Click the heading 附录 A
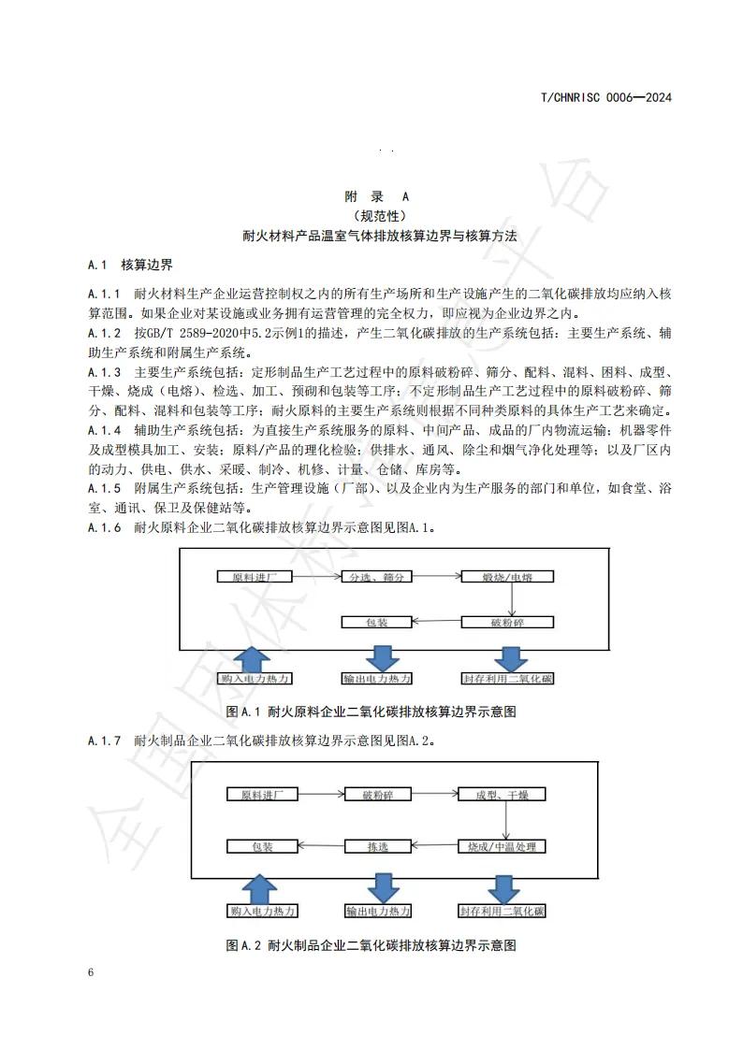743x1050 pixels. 377,196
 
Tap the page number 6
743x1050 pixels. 91,972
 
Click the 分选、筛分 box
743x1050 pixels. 377,577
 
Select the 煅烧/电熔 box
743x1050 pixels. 507,577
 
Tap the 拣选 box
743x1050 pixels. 377,846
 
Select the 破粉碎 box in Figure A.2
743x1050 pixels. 377,795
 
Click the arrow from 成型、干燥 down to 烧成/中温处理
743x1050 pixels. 506,820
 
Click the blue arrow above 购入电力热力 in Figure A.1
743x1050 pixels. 256,655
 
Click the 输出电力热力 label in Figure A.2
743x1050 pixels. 378,911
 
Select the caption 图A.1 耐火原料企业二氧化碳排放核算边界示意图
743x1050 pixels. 371,712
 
